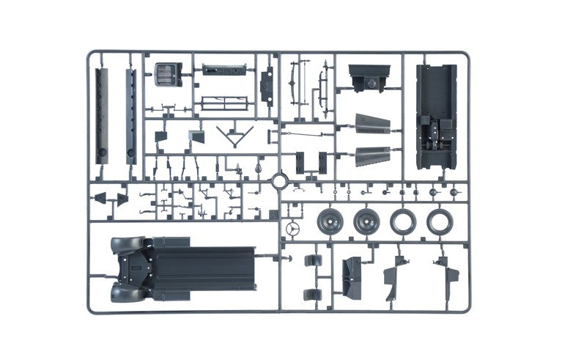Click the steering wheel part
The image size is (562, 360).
click(x=292, y=229)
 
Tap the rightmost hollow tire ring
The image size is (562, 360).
click(x=440, y=221)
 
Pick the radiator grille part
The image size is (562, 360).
click(x=169, y=74)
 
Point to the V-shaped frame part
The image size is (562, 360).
click(x=237, y=136)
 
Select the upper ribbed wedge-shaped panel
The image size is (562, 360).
click(x=371, y=124)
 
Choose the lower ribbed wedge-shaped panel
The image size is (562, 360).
click(x=371, y=155)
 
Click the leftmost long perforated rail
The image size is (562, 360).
click(x=102, y=116)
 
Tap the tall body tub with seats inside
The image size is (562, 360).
click(x=436, y=116)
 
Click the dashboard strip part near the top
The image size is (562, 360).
click(x=222, y=71)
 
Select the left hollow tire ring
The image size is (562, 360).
click(x=402, y=221)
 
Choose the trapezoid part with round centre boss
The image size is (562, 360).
click(x=369, y=77)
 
